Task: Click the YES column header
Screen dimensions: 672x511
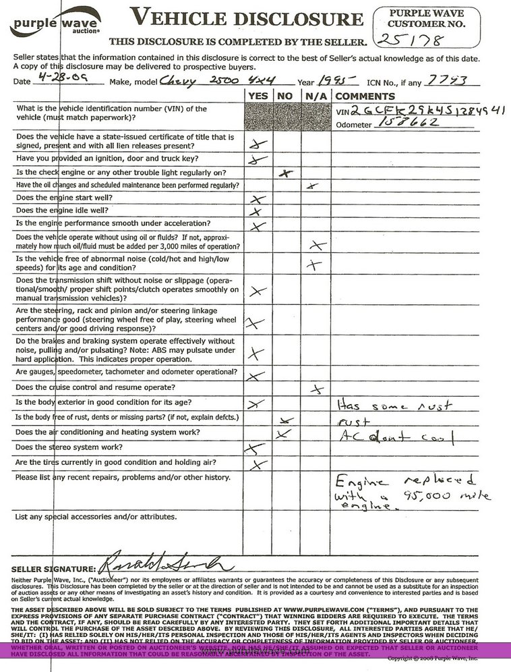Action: pyautogui.click(x=257, y=96)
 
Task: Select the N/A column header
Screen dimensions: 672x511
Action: pyautogui.click(x=315, y=96)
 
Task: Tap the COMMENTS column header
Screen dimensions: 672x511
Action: pyautogui.click(x=365, y=96)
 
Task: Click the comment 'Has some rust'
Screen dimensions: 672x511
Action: pyautogui.click(x=393, y=405)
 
